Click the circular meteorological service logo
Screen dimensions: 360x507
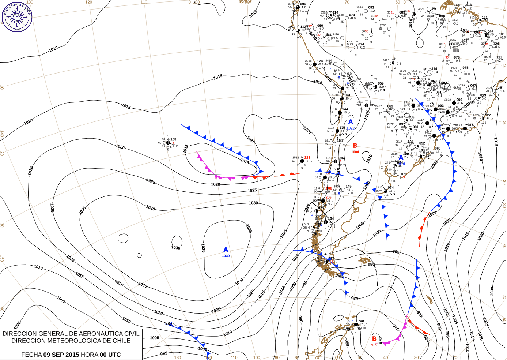(x=17, y=16)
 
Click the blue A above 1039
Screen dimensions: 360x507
(x=226, y=250)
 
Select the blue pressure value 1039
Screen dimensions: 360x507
(x=226, y=256)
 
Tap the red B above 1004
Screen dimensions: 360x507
(x=355, y=146)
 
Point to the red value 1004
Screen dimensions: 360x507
(x=355, y=152)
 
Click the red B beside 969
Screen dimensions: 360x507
(x=374, y=339)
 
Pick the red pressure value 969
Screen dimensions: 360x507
(x=374, y=345)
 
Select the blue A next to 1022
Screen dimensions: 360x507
(x=350, y=122)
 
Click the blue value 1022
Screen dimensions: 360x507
(x=351, y=128)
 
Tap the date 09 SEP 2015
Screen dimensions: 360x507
(x=61, y=355)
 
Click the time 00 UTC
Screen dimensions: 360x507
(x=110, y=355)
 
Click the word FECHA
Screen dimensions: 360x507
(x=31, y=355)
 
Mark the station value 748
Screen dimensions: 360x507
(x=361, y=321)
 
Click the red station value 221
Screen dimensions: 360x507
(x=307, y=158)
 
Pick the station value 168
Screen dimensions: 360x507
(x=173, y=139)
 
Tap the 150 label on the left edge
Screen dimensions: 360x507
(x=2, y=258)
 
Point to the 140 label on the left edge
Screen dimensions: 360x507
(x=2, y=134)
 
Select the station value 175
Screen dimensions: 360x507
(x=342, y=128)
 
